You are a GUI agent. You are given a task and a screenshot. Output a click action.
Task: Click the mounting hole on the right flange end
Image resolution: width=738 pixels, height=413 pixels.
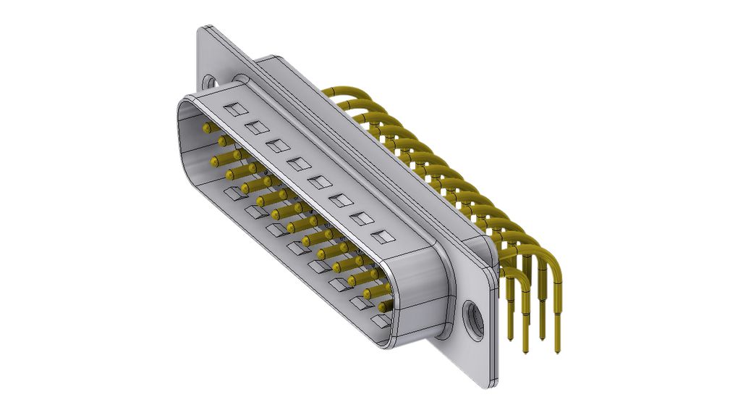pyautogui.click(x=474, y=317)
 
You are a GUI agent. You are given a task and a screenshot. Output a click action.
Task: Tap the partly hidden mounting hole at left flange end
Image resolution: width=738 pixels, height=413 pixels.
pyautogui.click(x=209, y=82)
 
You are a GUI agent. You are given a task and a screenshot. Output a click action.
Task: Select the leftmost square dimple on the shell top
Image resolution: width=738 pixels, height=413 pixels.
pyautogui.click(x=234, y=110)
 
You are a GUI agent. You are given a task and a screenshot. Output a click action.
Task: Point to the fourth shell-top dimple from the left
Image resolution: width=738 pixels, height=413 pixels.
pyautogui.click(x=298, y=164)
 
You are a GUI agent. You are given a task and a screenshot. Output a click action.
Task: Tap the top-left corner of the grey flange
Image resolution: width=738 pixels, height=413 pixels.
pyautogui.click(x=203, y=28)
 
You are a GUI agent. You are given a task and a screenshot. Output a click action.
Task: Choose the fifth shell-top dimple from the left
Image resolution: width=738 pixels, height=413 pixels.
pyautogui.click(x=319, y=182)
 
